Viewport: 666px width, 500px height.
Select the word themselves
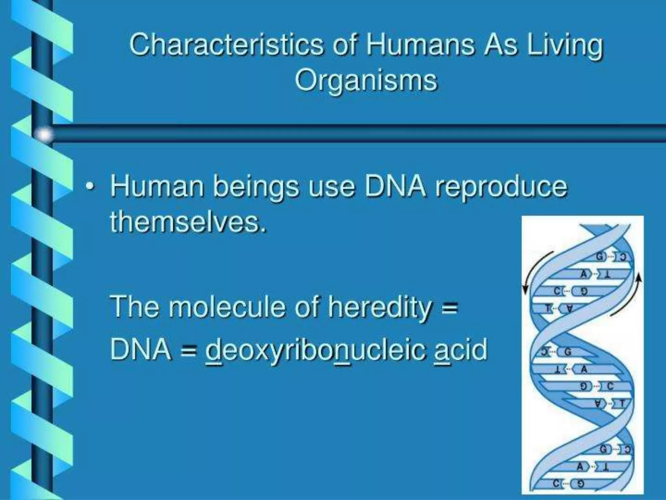[188, 222]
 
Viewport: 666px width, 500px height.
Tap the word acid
[461, 349]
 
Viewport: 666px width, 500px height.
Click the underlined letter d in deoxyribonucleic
[213, 349]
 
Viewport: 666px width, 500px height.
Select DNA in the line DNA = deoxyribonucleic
[140, 349]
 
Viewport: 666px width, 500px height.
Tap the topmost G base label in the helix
[599, 257]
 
